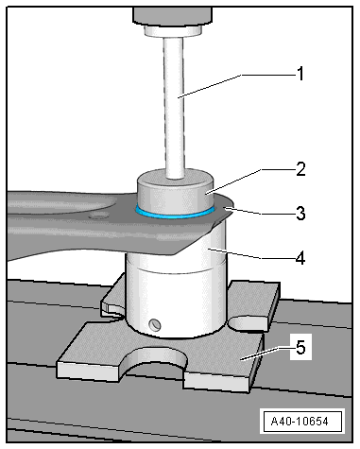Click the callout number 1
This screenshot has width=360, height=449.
click(300, 74)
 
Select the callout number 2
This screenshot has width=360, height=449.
click(300, 169)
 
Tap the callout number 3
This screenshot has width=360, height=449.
click(300, 214)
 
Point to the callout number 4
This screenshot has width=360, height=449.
click(300, 258)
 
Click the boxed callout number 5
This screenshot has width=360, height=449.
click(300, 348)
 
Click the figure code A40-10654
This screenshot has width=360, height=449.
click(300, 421)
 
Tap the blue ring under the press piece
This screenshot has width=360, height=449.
click(175, 216)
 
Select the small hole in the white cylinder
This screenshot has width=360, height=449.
click(155, 324)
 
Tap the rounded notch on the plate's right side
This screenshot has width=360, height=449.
click(249, 324)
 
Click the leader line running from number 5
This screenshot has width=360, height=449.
click(267, 354)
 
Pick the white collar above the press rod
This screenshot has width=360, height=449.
click(173, 31)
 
